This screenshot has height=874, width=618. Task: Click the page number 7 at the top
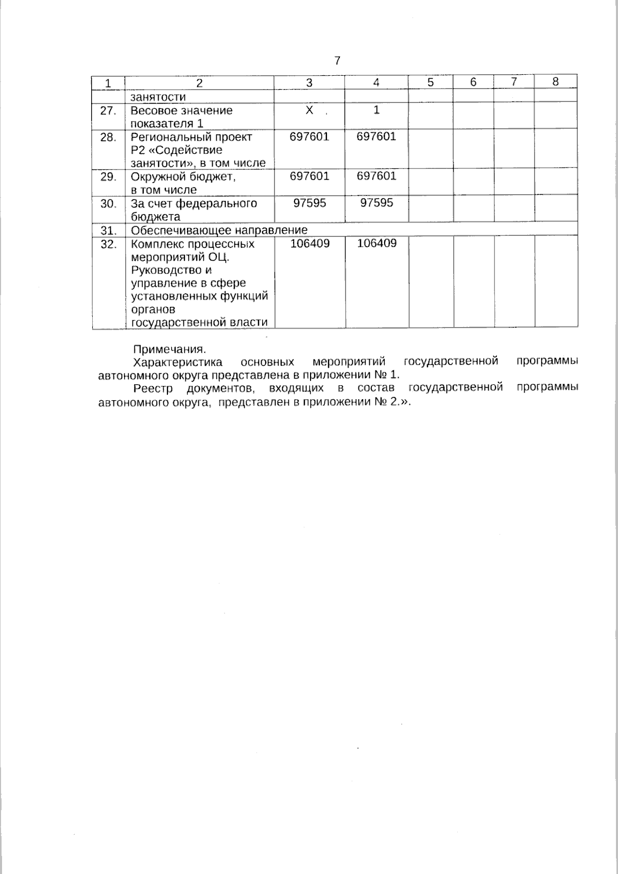click(337, 61)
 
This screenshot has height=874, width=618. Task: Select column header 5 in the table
click(431, 82)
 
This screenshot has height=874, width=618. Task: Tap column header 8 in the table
click(555, 81)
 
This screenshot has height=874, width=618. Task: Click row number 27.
click(108, 110)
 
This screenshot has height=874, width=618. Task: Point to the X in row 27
click(309, 110)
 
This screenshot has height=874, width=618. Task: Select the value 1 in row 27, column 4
click(376, 110)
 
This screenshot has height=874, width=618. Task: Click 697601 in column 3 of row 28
click(309, 136)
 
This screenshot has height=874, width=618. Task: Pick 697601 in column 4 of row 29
click(376, 176)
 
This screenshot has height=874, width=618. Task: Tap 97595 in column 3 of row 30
click(310, 203)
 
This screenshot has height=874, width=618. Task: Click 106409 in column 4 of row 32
click(377, 243)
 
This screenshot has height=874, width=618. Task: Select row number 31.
click(108, 230)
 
